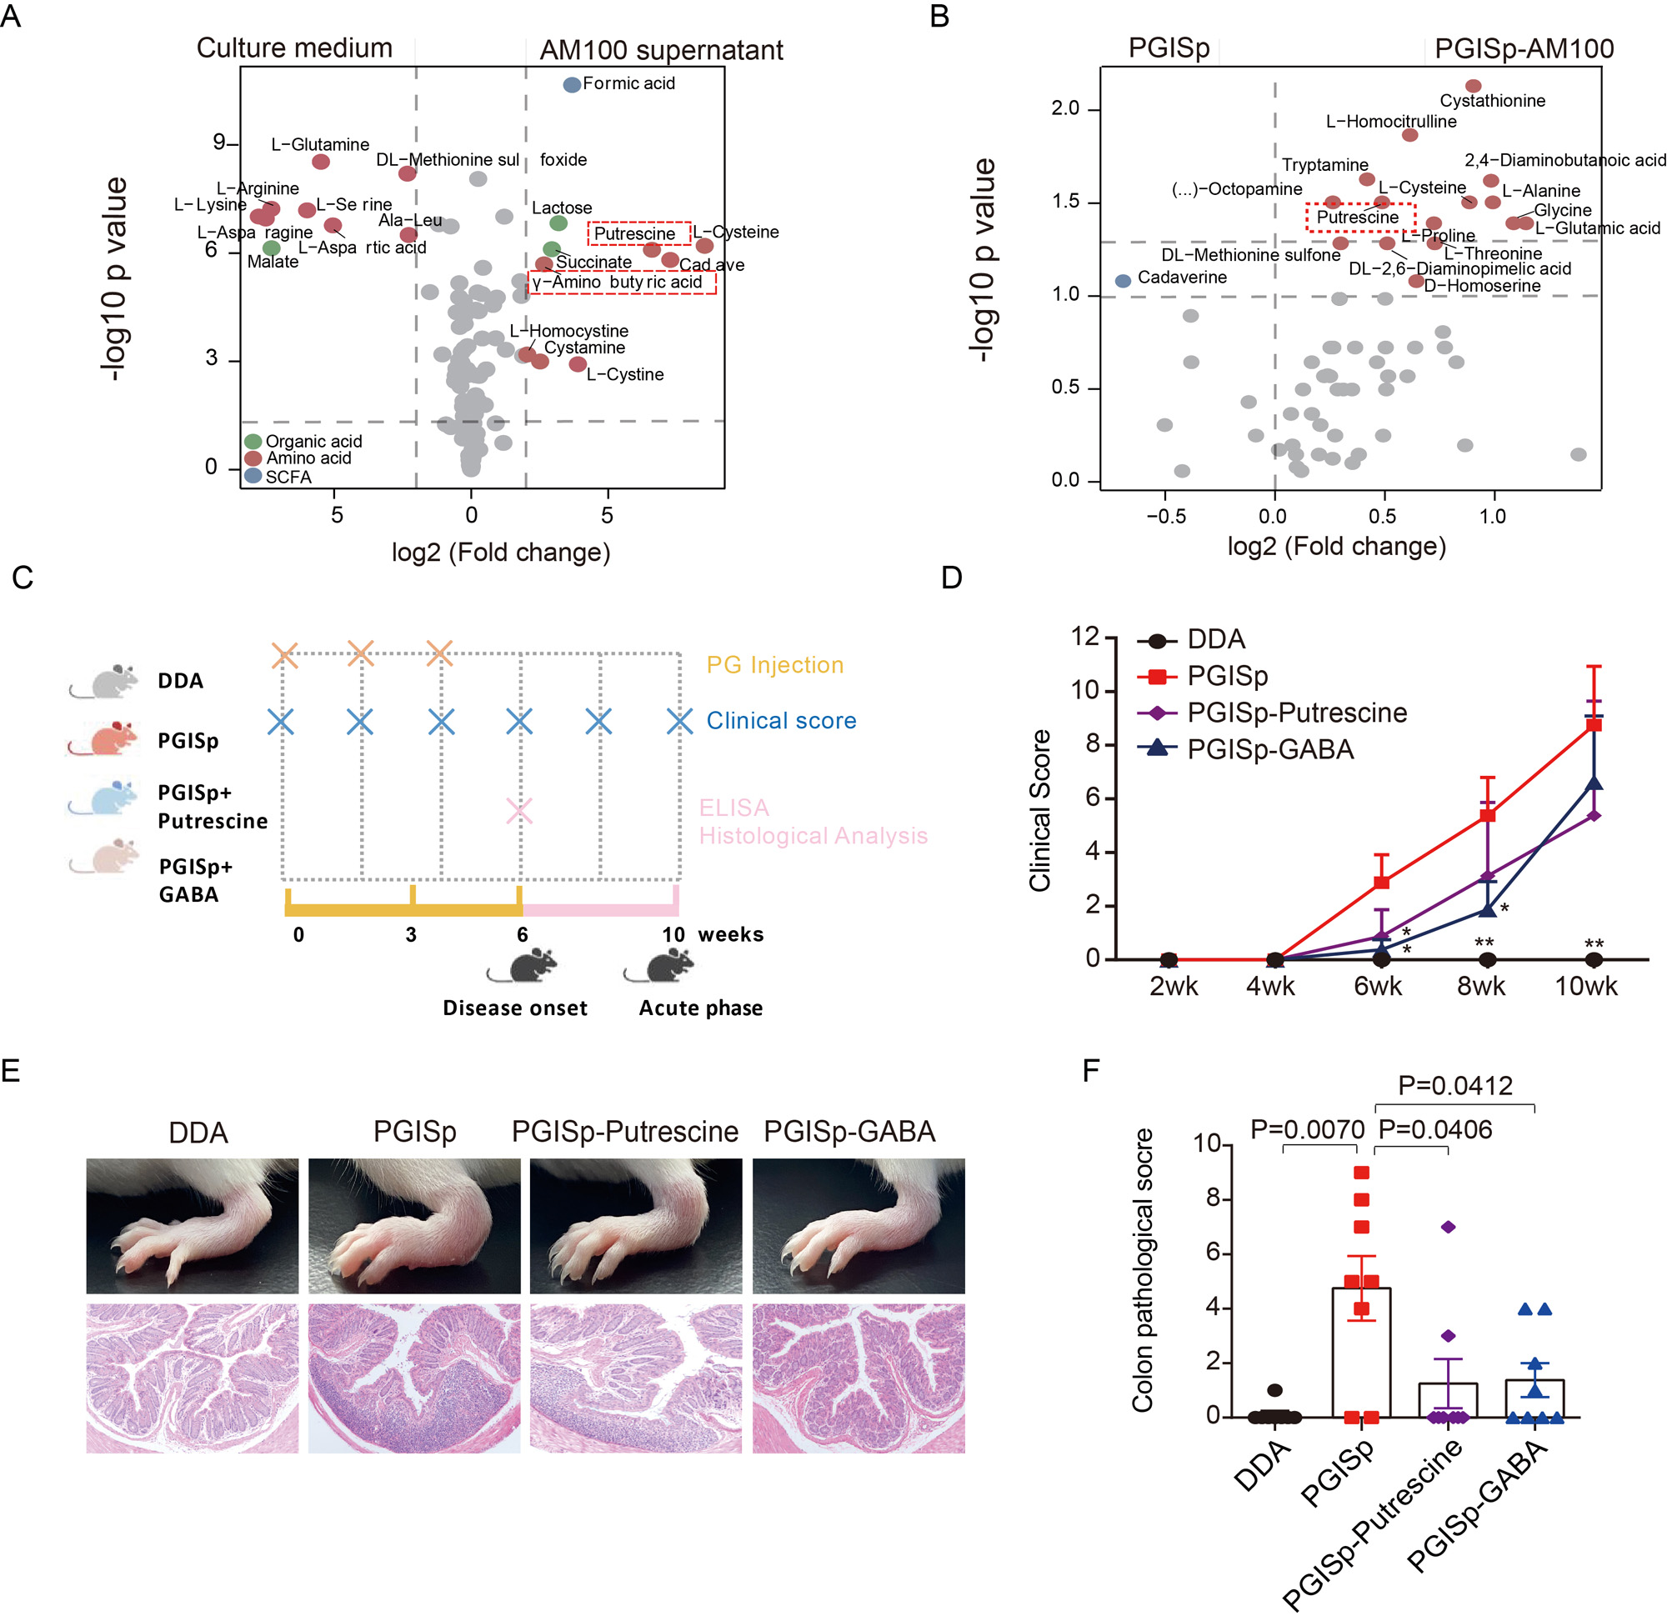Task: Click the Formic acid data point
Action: pos(571,84)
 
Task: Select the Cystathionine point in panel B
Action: pos(1473,86)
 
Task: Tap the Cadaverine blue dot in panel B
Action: pos(1123,280)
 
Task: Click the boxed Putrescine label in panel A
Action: pos(638,233)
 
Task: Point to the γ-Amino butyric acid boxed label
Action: pos(621,283)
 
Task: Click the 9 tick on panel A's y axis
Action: pos(220,143)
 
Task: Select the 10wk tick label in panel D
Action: pos(1585,986)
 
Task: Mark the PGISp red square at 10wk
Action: pos(1594,724)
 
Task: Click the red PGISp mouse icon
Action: pos(105,738)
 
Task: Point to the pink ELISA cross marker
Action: pos(519,810)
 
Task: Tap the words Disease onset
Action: pos(514,1008)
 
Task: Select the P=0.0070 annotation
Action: pos(1307,1130)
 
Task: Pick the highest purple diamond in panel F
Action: pos(1448,1227)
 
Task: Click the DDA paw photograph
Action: pos(193,1225)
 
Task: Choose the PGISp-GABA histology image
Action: pos(859,1378)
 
